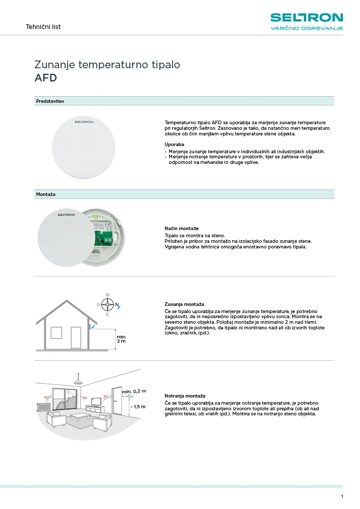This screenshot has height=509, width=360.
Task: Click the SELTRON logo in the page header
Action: (x=307, y=18)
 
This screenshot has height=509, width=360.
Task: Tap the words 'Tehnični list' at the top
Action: (x=43, y=27)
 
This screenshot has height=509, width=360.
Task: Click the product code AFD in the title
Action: (x=45, y=78)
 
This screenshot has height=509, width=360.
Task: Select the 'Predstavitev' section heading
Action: (x=50, y=101)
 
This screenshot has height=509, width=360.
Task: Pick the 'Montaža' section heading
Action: (x=46, y=194)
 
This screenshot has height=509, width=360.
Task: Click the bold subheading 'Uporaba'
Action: (x=175, y=145)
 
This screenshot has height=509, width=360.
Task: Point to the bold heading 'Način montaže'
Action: (x=181, y=229)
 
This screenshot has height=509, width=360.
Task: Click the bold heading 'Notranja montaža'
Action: (x=185, y=395)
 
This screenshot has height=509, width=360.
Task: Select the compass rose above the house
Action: (x=107, y=305)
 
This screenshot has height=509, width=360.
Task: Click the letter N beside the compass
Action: (x=116, y=305)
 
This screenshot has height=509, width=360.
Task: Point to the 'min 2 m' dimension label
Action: (x=121, y=339)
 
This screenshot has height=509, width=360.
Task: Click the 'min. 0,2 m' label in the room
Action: (x=134, y=391)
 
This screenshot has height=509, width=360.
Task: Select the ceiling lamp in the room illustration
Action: (x=78, y=382)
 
